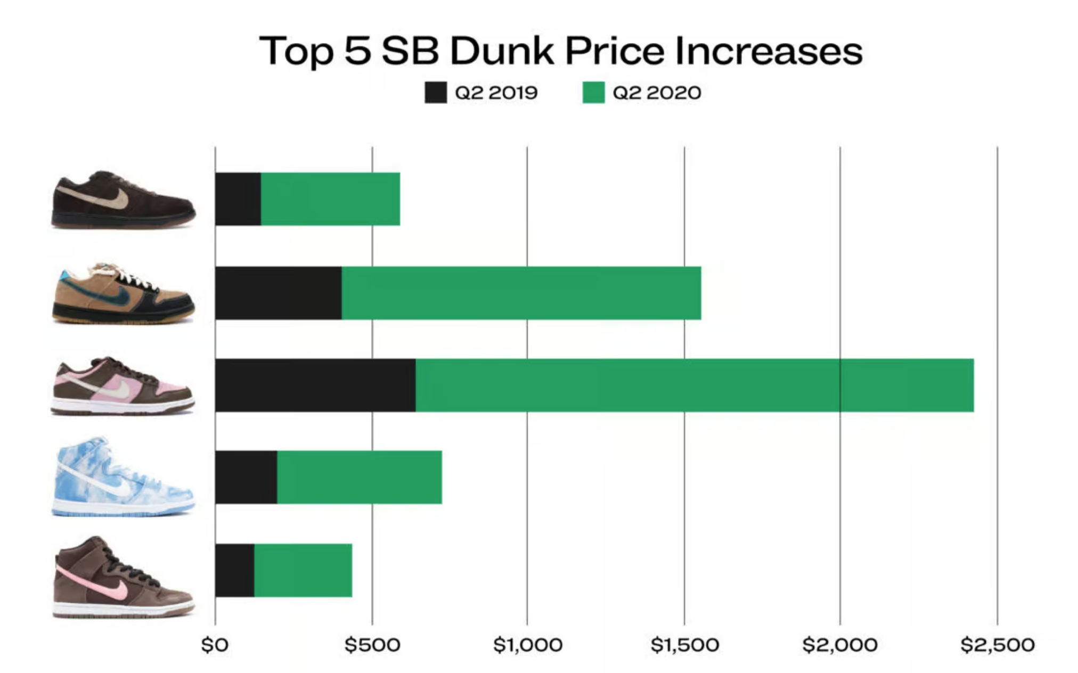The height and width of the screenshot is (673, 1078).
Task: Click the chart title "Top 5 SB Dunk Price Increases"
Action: [560, 51]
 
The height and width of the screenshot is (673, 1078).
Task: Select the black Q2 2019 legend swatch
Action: [435, 93]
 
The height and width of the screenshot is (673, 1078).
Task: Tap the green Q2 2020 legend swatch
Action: [593, 93]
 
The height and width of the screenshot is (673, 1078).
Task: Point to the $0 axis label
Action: [215, 645]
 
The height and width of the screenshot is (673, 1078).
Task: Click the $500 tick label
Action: [372, 645]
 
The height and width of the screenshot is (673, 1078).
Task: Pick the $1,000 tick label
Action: [528, 645]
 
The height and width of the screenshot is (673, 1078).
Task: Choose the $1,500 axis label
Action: [684, 645]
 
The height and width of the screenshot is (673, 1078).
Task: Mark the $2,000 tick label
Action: [840, 645]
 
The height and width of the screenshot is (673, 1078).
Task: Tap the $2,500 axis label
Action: [997, 645]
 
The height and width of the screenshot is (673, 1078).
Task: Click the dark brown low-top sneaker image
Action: [124, 200]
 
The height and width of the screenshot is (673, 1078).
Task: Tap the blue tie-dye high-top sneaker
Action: [124, 477]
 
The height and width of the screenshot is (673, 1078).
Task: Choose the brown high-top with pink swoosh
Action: [124, 578]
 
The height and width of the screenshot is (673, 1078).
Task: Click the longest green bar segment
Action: [695, 385]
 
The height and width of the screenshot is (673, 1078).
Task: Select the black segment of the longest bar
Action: [315, 385]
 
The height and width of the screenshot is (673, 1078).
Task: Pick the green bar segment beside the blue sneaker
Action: [360, 477]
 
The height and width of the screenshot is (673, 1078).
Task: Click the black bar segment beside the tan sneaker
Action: [278, 293]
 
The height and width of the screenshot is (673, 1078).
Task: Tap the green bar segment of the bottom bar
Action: [303, 571]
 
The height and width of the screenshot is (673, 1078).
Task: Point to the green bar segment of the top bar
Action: [330, 199]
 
